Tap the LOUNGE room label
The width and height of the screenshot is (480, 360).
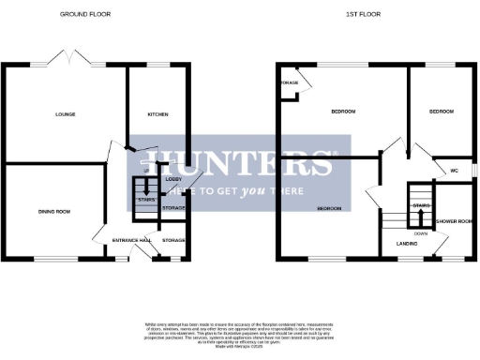[x=64, y=114]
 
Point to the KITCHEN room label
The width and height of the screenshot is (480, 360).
[x=157, y=114]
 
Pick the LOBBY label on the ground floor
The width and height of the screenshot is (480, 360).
[x=173, y=178]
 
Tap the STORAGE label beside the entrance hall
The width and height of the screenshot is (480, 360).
[x=173, y=241]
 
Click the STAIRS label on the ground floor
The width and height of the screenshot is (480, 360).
[x=145, y=200]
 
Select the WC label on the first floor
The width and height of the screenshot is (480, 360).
[x=453, y=171]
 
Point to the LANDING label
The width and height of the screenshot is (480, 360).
[x=407, y=243]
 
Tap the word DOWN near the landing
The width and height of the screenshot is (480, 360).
[x=421, y=232]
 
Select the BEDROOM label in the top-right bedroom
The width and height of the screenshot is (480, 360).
[x=441, y=112]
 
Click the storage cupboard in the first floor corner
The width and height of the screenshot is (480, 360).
[x=290, y=83]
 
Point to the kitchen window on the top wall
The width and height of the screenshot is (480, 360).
[x=157, y=65]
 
